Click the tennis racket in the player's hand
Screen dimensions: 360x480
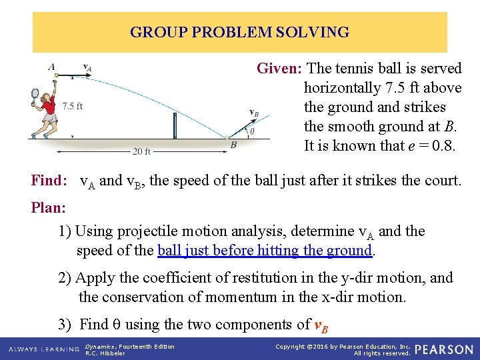[34, 97]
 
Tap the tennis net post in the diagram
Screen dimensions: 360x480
[175, 125]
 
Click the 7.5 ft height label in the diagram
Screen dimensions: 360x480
[72, 105]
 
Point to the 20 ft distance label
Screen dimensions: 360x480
[141, 151]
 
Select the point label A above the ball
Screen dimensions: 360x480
[52, 66]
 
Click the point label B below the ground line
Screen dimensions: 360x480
[233, 145]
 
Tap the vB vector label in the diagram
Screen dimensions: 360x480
[254, 113]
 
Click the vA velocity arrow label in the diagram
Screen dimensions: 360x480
[87, 67]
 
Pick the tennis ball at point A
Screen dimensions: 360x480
[55, 76]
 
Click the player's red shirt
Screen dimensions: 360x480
[48, 105]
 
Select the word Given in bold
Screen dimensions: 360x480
[279, 69]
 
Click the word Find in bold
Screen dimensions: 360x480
[48, 180]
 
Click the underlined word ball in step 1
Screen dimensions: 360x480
[171, 251]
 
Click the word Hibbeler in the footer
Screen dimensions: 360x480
[111, 353]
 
